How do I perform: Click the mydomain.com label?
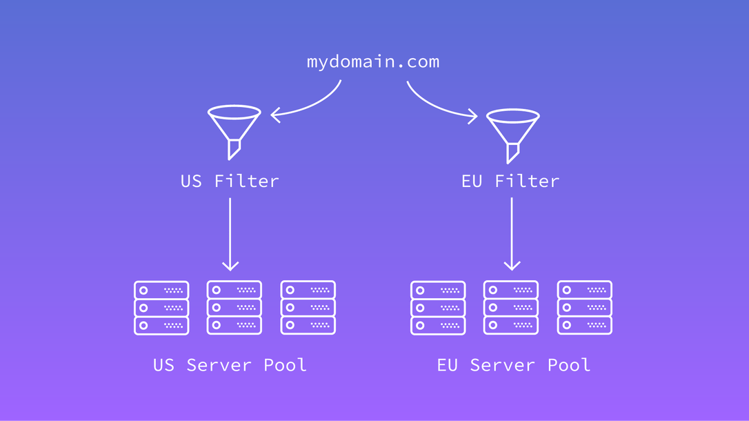coord(372,62)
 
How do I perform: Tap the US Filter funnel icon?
coord(234,128)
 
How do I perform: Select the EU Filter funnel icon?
coord(512,131)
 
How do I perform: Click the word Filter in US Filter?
coord(246,182)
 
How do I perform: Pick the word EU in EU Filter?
coord(472,182)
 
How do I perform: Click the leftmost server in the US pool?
coord(161,307)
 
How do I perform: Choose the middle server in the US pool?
coord(234,307)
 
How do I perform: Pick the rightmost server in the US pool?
coord(308,307)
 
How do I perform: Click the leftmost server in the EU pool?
coord(438,307)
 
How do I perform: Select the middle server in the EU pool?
coord(511,307)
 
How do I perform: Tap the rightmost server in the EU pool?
coord(585,307)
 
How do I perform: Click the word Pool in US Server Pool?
coord(285,365)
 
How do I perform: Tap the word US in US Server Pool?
coord(164,365)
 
